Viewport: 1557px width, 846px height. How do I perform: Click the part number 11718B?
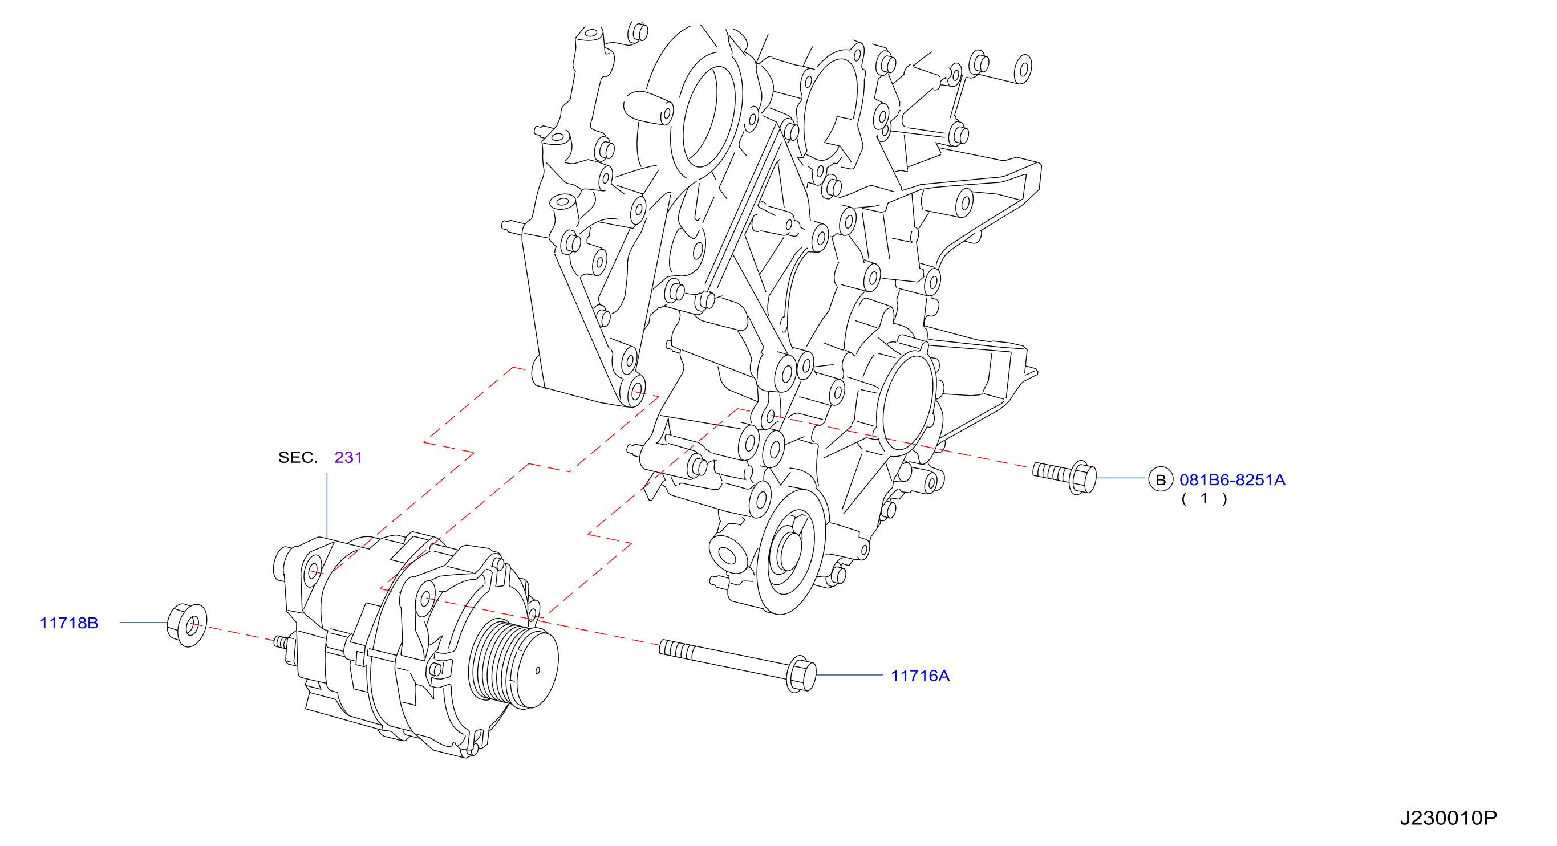(x=69, y=623)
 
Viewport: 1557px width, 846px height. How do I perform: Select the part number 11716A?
(x=920, y=676)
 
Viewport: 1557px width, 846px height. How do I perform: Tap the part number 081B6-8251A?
(x=1232, y=480)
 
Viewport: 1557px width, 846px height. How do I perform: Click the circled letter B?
(x=1161, y=480)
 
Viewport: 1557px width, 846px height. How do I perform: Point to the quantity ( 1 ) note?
(x=1204, y=498)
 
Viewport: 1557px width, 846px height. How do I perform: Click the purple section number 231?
(x=348, y=457)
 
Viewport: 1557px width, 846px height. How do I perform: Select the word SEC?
(x=297, y=457)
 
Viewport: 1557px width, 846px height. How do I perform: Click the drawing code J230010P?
(x=1448, y=818)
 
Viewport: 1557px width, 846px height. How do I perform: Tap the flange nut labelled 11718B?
(x=186, y=625)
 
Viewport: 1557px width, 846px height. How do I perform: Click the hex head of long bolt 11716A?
(x=801, y=674)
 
